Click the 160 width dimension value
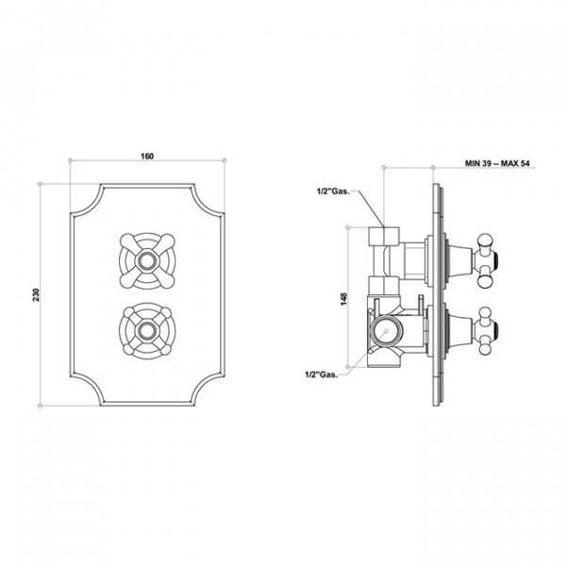click(x=148, y=156)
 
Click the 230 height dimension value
click(x=36, y=293)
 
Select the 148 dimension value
click(x=345, y=300)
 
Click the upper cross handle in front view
click(x=148, y=255)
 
